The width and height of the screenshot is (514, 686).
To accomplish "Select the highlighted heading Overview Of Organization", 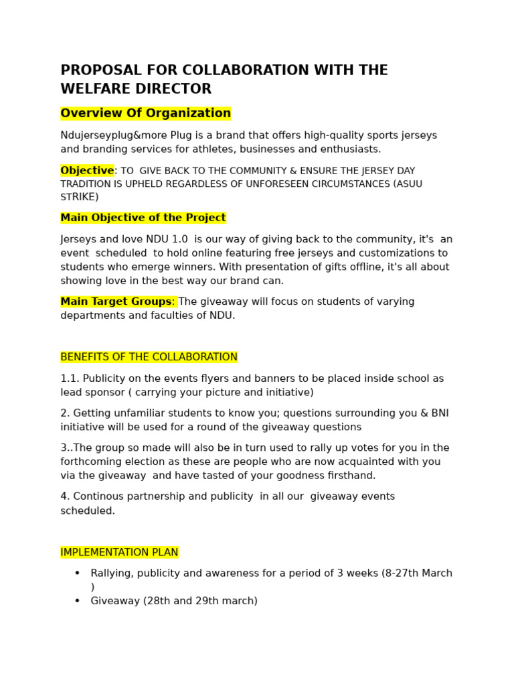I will pyautogui.click(x=145, y=113).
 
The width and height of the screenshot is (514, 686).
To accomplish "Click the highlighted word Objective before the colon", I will pyautogui.click(x=87, y=171).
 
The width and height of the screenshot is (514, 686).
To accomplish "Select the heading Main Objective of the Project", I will pyautogui.click(x=143, y=218).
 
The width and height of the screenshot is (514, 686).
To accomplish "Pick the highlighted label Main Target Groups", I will pyautogui.click(x=116, y=301).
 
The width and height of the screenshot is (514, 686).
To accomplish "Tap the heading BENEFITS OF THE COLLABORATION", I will pyautogui.click(x=149, y=357).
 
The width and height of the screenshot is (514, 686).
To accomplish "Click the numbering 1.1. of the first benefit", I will pyautogui.click(x=70, y=379).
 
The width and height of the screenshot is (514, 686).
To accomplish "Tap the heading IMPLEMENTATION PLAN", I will pyautogui.click(x=119, y=553).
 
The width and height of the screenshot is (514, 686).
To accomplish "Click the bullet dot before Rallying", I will pyautogui.click(x=77, y=573).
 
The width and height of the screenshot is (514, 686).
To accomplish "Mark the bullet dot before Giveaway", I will pyautogui.click(x=77, y=601).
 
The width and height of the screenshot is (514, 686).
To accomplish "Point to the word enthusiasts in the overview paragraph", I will pyautogui.click(x=347, y=149).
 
